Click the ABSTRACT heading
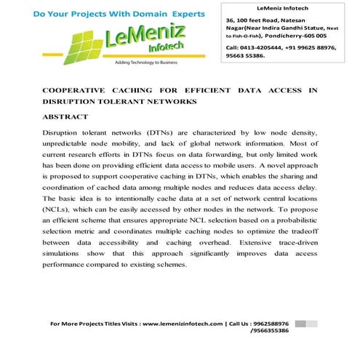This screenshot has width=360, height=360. [65, 116]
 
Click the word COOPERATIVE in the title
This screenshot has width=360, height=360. [78, 90]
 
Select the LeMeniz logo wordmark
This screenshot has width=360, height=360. [131, 41]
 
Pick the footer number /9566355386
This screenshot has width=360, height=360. [268, 331]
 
